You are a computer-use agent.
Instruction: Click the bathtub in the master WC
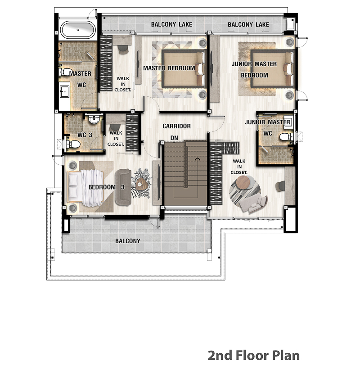click(78, 30)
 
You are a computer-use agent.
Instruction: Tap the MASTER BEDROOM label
click(169, 68)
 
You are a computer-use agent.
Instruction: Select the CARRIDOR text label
click(176, 126)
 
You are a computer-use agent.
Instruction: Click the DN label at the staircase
click(174, 138)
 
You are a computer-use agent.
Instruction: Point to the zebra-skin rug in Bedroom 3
click(142, 183)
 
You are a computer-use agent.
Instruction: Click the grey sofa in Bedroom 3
click(123, 187)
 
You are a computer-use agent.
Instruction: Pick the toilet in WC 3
click(73, 144)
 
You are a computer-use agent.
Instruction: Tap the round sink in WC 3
click(94, 119)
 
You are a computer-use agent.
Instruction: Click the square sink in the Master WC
click(64, 91)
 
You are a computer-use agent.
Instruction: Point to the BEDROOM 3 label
click(106, 187)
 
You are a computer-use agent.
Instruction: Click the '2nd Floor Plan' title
click(254, 355)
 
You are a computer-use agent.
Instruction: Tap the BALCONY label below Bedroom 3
click(128, 241)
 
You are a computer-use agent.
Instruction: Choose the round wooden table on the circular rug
click(243, 183)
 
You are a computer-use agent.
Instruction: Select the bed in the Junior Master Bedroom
click(272, 68)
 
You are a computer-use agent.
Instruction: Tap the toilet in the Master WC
click(66, 72)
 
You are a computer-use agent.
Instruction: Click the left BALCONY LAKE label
click(171, 24)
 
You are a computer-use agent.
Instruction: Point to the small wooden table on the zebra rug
click(141, 185)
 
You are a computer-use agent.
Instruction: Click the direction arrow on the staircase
click(198, 159)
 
